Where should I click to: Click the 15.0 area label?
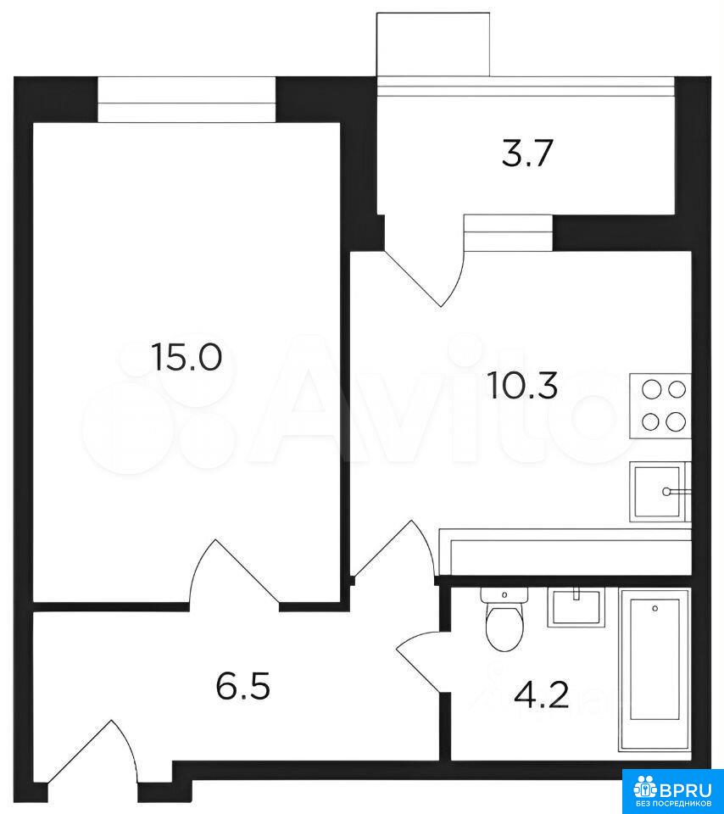pyautogui.click(x=187, y=358)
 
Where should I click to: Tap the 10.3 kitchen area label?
pyautogui.click(x=523, y=387)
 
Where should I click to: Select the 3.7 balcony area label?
pyautogui.click(x=526, y=154)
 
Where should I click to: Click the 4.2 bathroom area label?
pyautogui.click(x=542, y=695)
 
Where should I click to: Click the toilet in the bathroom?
pyautogui.click(x=504, y=619)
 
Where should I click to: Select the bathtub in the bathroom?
pyautogui.click(x=654, y=669)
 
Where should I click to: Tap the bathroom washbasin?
pyautogui.click(x=575, y=608)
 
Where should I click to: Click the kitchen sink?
pyautogui.click(x=660, y=491)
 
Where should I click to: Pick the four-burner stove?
pyautogui.click(x=660, y=405)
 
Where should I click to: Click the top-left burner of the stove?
pyautogui.click(x=649, y=389)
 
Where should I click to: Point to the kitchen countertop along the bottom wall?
pyautogui.click(x=565, y=552)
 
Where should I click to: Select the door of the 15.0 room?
pyautogui.click(x=235, y=572)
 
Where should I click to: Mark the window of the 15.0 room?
pyautogui.click(x=187, y=99)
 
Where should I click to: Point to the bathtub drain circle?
pyautogui.click(x=655, y=607)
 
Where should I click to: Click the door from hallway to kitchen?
pyautogui.click(x=393, y=550)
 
